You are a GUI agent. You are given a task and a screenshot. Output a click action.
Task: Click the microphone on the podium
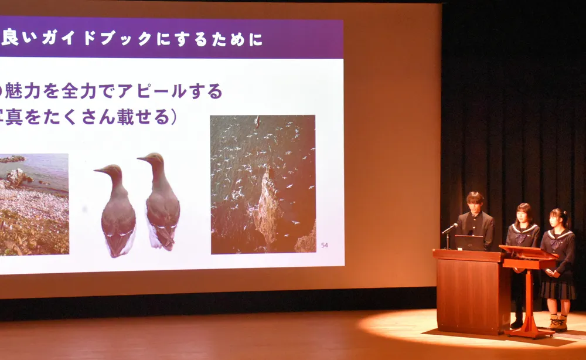click(451, 227)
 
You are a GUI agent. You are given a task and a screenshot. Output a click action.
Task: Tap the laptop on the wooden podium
click(469, 243)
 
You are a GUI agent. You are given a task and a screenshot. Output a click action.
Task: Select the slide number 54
click(324, 245)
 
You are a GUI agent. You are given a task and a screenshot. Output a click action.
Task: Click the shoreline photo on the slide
click(34, 204)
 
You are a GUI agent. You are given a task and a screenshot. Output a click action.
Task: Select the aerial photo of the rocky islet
click(263, 184)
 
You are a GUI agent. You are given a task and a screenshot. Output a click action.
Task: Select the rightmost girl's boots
click(558, 322)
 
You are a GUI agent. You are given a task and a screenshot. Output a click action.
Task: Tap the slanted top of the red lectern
click(527, 253)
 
